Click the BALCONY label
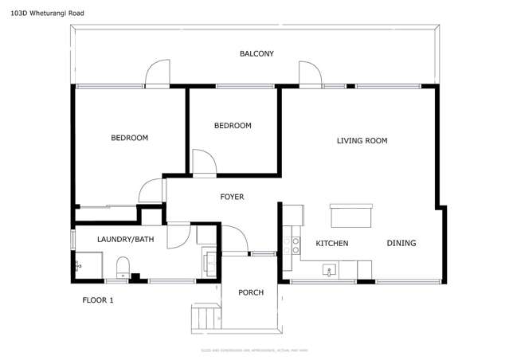(x=256, y=54)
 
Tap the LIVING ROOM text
(x=362, y=141)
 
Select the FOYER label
(x=232, y=197)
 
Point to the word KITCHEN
(x=331, y=243)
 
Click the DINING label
(x=401, y=243)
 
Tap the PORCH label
(x=251, y=292)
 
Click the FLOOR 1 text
(x=99, y=300)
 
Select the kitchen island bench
(x=351, y=216)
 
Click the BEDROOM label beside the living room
(x=233, y=126)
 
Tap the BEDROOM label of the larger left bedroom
(x=129, y=138)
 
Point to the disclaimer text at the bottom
(x=254, y=350)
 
